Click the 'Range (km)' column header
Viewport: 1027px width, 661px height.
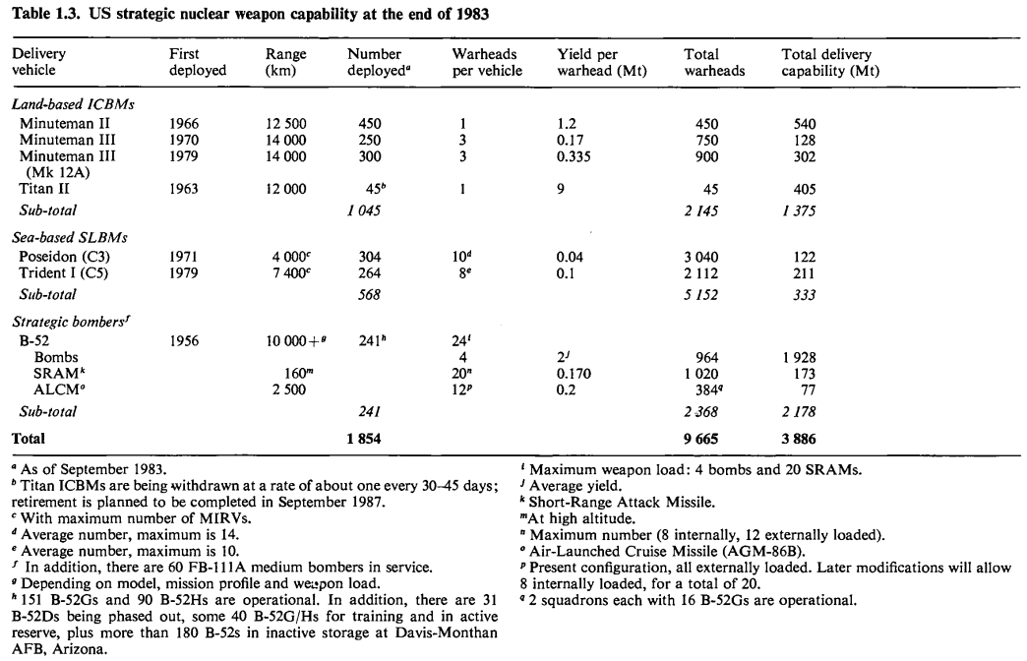286,63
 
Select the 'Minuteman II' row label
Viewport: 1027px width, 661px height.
67,124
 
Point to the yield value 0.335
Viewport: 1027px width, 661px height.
576,155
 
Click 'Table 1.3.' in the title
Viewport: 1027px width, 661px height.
44,12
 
